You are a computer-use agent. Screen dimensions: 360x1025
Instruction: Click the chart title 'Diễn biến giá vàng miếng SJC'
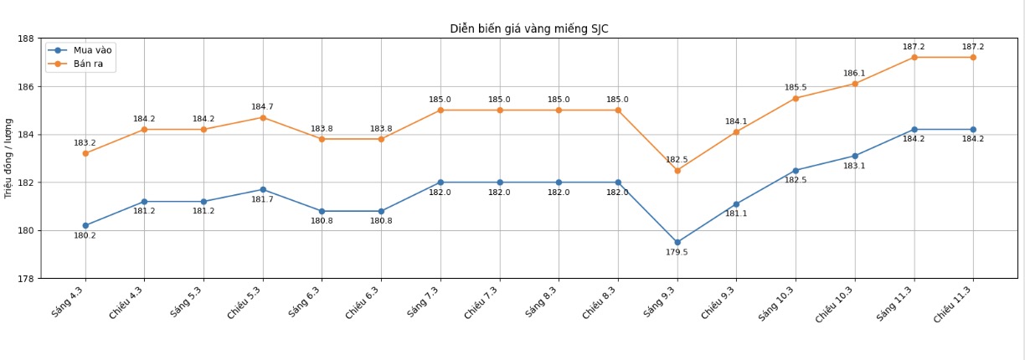528,29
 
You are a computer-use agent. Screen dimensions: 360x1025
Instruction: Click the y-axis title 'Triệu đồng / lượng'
9,157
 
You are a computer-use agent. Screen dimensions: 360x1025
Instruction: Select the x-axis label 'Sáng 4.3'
69,301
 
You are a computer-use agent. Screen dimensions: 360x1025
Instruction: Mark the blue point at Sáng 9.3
677,243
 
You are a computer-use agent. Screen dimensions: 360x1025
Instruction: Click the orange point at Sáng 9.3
677,171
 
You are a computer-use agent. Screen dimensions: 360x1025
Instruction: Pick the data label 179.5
677,253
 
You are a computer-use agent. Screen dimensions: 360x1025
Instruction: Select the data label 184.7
263,107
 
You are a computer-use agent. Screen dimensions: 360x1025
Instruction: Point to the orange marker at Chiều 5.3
263,118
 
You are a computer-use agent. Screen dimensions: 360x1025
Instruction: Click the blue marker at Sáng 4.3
85,226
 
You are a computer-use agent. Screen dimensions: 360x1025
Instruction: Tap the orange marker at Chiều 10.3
855,84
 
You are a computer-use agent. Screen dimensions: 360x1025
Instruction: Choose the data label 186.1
854,74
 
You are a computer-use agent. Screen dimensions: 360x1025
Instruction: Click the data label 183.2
85,143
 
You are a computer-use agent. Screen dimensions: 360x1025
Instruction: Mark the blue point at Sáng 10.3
796,171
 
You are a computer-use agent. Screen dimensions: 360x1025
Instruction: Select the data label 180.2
85,236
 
